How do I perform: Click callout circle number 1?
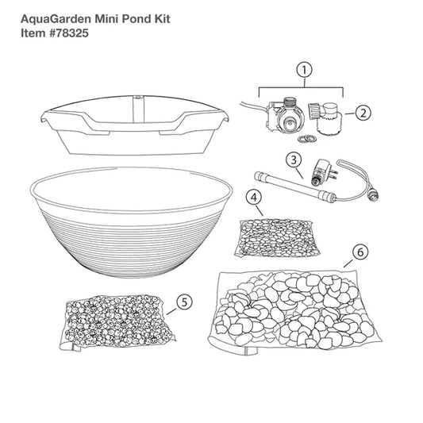[x=304, y=70]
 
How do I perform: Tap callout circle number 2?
[x=363, y=113]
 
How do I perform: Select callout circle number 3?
[x=294, y=160]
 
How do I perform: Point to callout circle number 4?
[x=254, y=198]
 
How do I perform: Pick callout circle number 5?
[x=184, y=302]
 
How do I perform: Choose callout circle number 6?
[x=360, y=252]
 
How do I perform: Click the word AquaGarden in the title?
[x=56, y=19]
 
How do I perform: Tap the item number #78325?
[x=69, y=33]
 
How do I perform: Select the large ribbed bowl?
[x=131, y=221]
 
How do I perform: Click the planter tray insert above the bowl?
[x=135, y=125]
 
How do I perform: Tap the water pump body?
[x=285, y=117]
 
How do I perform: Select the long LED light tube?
[x=295, y=187]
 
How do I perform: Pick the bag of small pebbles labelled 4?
[x=277, y=238]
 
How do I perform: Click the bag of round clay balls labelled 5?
[x=117, y=322]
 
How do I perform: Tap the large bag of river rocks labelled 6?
[x=294, y=312]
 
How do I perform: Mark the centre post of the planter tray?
[x=139, y=110]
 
